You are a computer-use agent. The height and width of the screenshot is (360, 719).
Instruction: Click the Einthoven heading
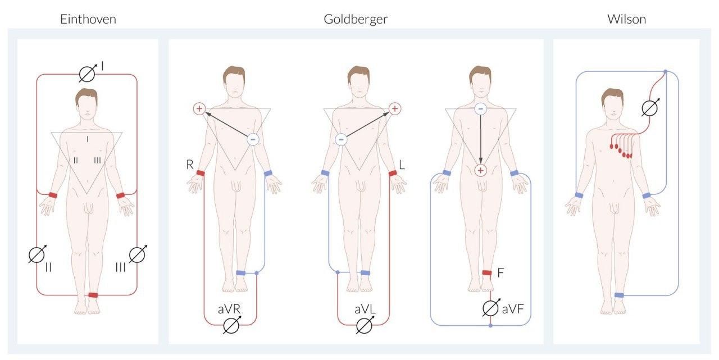click(x=88, y=19)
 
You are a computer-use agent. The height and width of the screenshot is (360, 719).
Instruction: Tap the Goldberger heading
click(x=356, y=19)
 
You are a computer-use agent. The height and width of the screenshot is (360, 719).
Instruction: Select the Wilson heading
click(x=626, y=19)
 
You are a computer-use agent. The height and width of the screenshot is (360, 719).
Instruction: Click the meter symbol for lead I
click(x=87, y=74)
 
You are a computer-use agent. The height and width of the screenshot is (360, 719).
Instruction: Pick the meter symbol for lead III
click(x=137, y=254)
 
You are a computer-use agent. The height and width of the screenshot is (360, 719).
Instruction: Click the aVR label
click(x=230, y=309)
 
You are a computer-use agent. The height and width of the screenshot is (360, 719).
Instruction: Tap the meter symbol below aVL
click(x=365, y=325)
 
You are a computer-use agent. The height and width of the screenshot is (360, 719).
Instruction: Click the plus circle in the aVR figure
click(x=199, y=108)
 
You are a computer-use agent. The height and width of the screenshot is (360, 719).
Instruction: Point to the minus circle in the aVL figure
click(x=340, y=139)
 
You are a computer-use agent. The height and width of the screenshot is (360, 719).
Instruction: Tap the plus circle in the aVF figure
click(x=480, y=170)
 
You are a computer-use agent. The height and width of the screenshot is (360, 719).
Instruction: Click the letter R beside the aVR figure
click(x=190, y=165)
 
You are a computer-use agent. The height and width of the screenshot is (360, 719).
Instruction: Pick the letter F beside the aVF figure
click(x=500, y=274)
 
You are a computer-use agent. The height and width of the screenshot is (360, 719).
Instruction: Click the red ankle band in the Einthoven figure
click(x=93, y=295)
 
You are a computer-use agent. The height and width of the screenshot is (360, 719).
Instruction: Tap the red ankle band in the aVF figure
click(x=487, y=273)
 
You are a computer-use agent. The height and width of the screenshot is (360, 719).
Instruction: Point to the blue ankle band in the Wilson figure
click(x=619, y=295)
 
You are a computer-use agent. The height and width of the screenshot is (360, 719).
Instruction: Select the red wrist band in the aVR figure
click(x=201, y=173)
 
